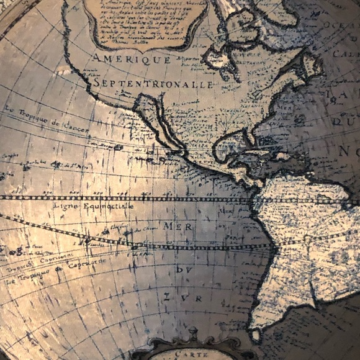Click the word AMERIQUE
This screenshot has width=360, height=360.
pyautogui.click(x=132, y=60)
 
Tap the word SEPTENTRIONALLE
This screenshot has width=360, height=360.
pyautogui.click(x=154, y=84)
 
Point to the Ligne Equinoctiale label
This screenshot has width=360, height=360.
pyautogui.click(x=94, y=205)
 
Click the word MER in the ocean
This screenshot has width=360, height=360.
pyautogui.click(x=178, y=227)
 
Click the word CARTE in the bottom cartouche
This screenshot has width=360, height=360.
pyautogui.click(x=191, y=354)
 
